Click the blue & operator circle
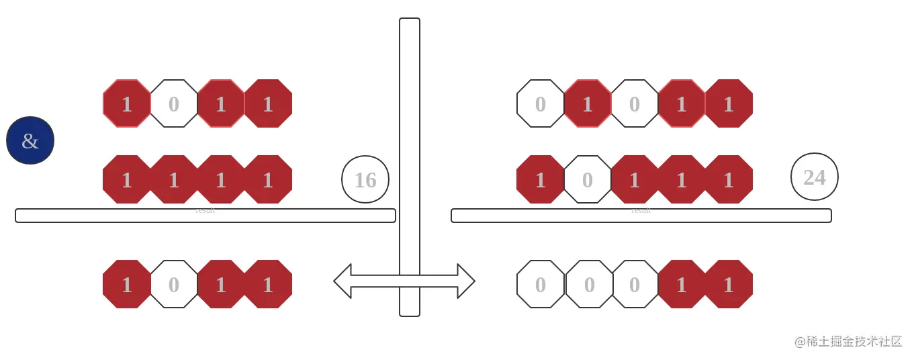[30, 140]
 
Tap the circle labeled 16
[365, 179]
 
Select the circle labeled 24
[815, 177]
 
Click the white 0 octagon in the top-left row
[174, 103]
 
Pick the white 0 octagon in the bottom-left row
[174, 284]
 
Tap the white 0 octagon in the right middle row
[588, 179]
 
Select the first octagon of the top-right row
[541, 103]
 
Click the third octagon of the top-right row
[635, 103]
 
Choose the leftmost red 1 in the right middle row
[541, 179]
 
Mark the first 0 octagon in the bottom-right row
[541, 284]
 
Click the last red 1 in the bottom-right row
[729, 284]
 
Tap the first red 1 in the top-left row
[127, 103]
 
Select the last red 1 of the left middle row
[268, 179]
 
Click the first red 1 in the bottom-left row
[127, 284]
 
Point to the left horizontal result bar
[205, 216]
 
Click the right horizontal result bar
[641, 216]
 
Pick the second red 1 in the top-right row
[682, 103]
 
